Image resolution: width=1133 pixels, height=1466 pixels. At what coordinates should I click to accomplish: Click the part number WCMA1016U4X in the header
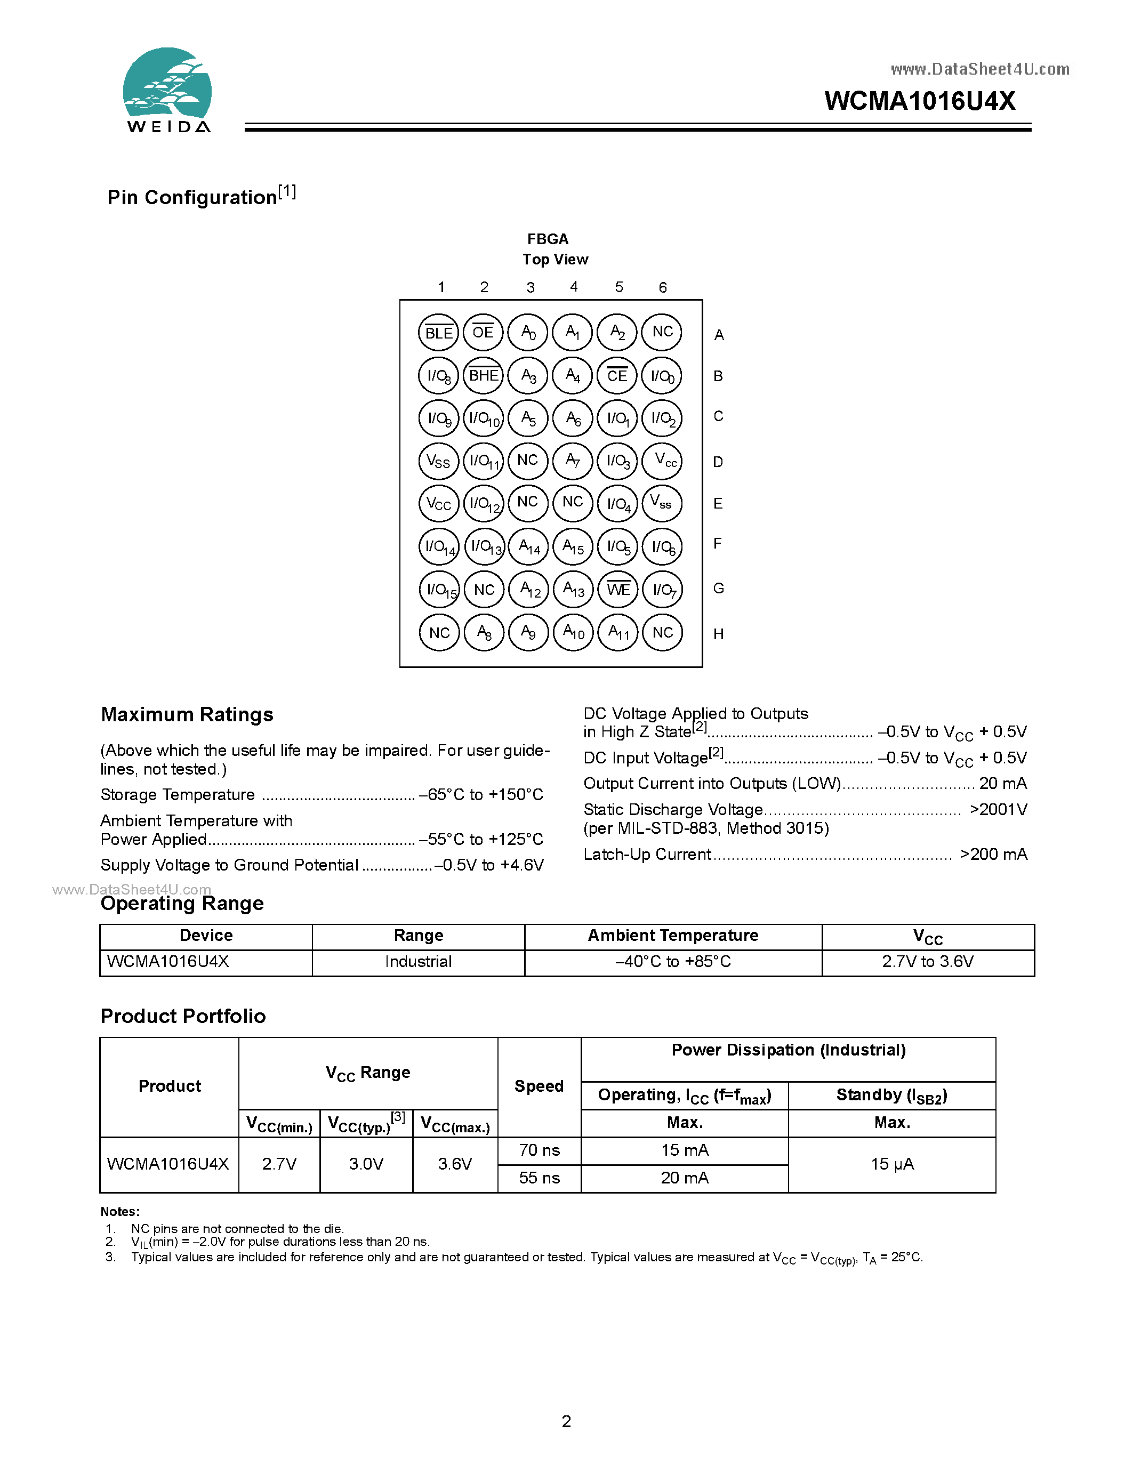920,101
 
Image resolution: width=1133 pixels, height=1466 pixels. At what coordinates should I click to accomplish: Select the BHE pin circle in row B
483,376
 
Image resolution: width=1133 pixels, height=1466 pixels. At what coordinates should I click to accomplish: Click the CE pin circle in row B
617,376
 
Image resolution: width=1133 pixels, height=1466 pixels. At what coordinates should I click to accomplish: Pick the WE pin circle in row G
618,590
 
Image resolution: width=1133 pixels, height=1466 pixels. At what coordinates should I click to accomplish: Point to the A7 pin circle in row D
573,461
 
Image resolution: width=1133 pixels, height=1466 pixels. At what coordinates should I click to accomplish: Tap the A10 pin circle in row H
573,632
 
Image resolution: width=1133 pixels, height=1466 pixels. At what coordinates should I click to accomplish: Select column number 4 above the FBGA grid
574,287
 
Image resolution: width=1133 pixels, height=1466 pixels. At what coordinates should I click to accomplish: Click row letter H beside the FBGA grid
718,634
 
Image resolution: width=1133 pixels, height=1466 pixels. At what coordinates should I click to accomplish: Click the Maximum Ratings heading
187,715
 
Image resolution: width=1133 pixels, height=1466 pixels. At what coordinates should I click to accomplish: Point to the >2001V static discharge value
998,810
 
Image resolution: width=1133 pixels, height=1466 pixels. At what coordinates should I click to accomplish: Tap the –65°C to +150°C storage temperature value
480,795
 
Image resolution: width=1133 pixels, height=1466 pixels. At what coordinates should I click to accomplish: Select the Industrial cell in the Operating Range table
418,962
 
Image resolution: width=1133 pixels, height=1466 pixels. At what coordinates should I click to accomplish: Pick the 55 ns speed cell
539,1178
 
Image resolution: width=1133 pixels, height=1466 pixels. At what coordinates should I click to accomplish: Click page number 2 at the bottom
566,1421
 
